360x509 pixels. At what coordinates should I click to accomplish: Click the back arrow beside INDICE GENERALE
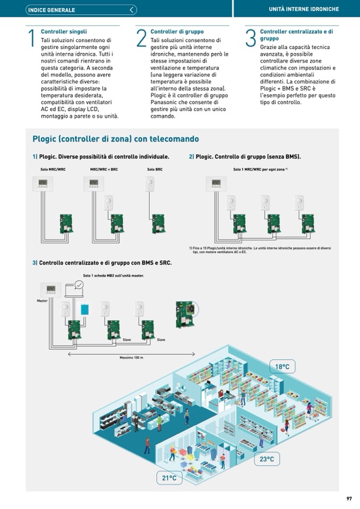[132, 10]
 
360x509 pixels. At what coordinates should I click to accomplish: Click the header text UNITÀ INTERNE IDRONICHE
[304, 9]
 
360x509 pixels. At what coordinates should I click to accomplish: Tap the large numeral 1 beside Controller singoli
[32, 38]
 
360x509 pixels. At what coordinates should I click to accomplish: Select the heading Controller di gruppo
[177, 32]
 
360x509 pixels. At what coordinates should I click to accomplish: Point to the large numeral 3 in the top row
[251, 38]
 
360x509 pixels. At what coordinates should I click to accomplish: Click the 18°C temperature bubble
[282, 367]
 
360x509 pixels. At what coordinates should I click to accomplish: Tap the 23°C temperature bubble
[267, 459]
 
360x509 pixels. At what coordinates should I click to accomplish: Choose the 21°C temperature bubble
[169, 478]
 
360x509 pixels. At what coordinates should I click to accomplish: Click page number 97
[349, 498]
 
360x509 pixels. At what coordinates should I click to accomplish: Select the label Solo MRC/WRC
[53, 169]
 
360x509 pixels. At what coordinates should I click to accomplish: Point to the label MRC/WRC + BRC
[104, 169]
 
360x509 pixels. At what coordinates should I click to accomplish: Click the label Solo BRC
[155, 169]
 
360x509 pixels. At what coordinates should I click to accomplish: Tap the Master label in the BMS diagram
[42, 301]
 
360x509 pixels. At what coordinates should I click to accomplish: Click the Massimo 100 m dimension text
[131, 358]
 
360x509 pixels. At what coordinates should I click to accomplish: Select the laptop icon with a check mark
[75, 287]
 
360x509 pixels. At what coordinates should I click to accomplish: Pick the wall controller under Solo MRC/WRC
[44, 184]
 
